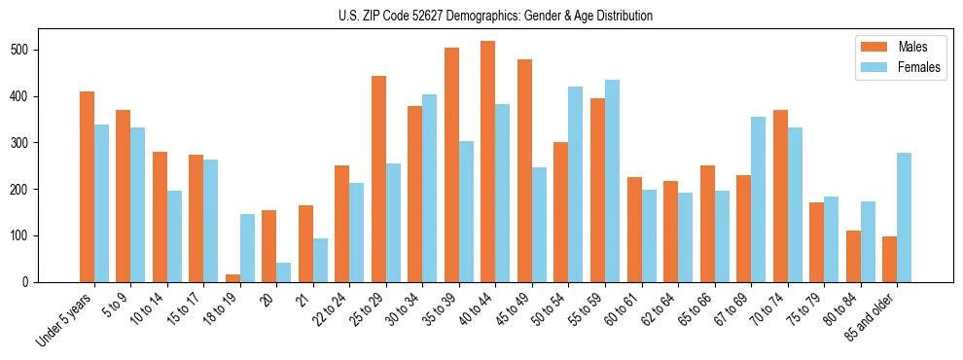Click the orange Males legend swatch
click(x=869, y=47)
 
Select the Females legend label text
click(x=919, y=67)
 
